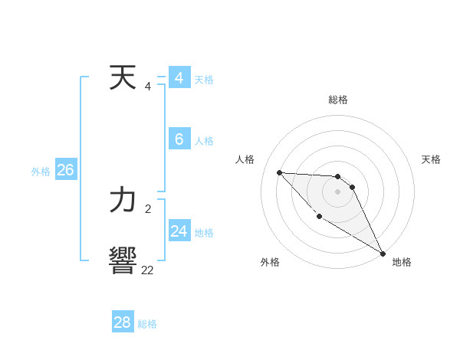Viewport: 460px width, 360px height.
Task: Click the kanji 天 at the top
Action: pos(123,78)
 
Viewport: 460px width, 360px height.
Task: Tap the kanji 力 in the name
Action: pos(123,201)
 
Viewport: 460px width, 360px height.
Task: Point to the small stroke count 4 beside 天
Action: pos(148,86)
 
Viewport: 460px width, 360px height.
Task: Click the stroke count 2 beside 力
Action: pos(148,208)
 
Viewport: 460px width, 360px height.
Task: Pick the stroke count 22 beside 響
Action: pos(147,270)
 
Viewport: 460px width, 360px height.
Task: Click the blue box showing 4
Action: pos(179,78)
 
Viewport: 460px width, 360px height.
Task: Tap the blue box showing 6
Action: pos(179,139)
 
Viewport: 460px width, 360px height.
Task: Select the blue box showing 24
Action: pos(179,231)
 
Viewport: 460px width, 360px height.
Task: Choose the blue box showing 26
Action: pos(65,170)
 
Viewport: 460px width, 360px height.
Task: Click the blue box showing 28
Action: pos(123,322)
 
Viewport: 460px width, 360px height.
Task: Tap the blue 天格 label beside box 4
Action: pos(204,80)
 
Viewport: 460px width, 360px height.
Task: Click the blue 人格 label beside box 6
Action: pos(204,141)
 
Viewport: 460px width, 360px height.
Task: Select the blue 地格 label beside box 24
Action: pos(204,233)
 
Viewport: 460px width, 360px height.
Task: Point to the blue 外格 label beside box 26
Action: pos(41,172)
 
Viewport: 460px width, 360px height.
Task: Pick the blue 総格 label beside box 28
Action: pos(147,324)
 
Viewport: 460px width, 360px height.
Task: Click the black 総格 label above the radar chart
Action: pos(338,100)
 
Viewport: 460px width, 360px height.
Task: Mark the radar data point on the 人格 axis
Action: pos(279,172)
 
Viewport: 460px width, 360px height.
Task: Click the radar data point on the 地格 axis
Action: pos(383,253)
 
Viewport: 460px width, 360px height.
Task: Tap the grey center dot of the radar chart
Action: pos(337,191)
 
